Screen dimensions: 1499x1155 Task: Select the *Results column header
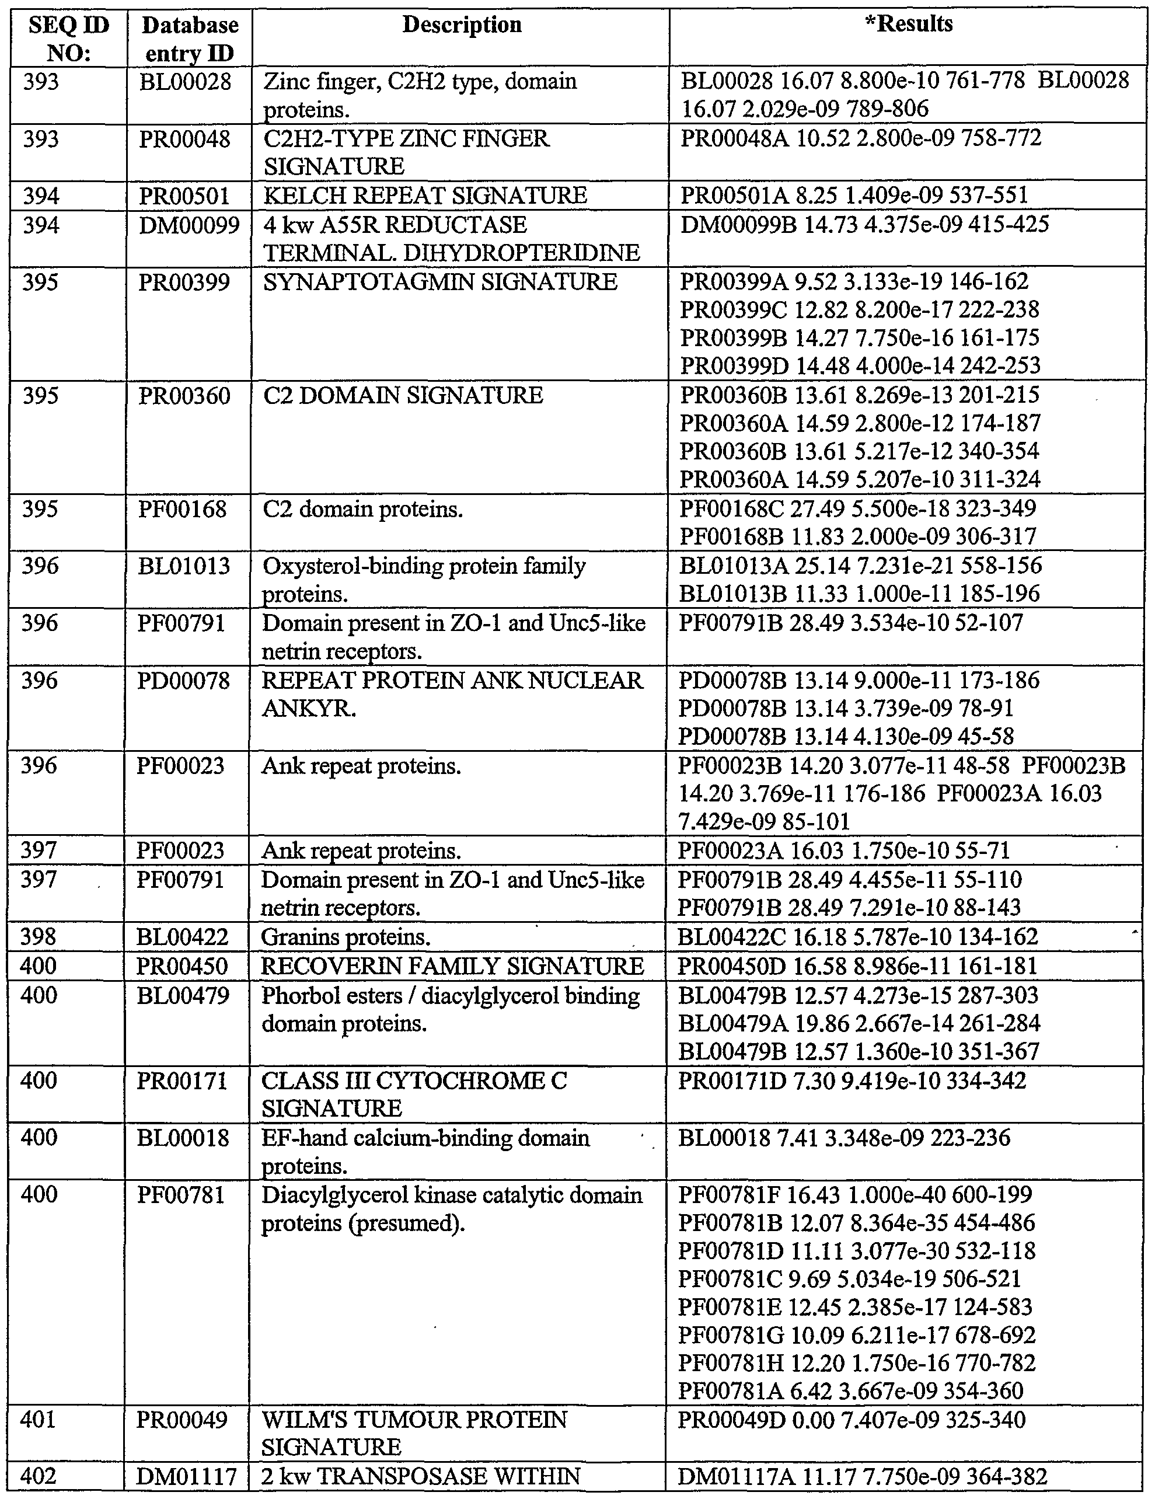908,24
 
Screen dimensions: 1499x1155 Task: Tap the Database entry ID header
190,39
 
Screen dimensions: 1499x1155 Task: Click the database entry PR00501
183,196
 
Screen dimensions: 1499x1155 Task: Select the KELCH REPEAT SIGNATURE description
425,196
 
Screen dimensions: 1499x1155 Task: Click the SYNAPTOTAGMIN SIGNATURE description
440,282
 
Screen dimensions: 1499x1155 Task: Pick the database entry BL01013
184,566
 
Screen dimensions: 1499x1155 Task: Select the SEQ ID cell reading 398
39,937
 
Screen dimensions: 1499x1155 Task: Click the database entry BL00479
183,995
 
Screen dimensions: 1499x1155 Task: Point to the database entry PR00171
182,1081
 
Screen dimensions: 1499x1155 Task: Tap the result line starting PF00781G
856,1335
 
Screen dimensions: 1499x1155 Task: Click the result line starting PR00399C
859,309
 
